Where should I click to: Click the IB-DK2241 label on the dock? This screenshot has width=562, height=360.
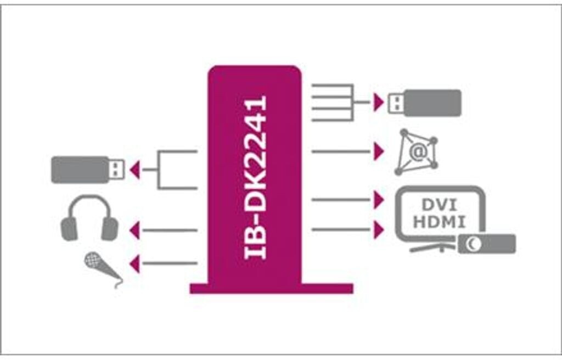pyautogui.click(x=255, y=177)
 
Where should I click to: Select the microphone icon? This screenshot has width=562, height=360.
pyautogui.click(x=102, y=268)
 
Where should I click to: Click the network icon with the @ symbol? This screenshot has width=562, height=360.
pyautogui.click(x=417, y=152)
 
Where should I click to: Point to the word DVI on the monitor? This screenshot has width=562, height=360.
pyautogui.click(x=440, y=205)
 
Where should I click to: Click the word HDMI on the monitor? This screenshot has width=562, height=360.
pyautogui.click(x=440, y=222)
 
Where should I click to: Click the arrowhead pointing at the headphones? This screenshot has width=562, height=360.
pyautogui.click(x=134, y=230)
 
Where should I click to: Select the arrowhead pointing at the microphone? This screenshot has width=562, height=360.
pyautogui.click(x=134, y=265)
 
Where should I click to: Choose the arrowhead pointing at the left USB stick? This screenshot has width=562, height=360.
pyautogui.click(x=134, y=170)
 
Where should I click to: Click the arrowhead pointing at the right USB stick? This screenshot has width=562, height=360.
pyautogui.click(x=378, y=102)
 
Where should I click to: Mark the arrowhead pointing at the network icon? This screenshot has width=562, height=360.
pyautogui.click(x=378, y=151)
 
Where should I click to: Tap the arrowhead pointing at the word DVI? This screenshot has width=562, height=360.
pyautogui.click(x=378, y=200)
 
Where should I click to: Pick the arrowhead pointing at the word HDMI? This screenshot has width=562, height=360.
pyautogui.click(x=378, y=230)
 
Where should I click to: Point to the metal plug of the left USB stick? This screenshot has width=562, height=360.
pyautogui.click(x=116, y=170)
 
